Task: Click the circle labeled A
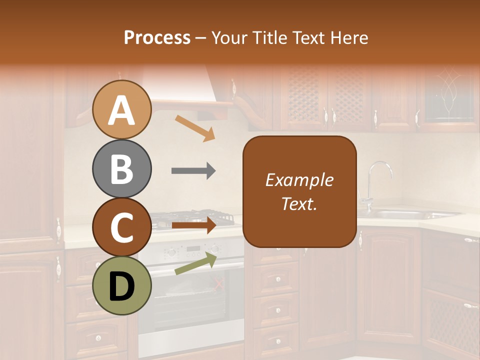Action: pyautogui.click(x=121, y=109)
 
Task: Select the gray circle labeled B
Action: pyautogui.click(x=121, y=169)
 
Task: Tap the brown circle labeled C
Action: pyautogui.click(x=121, y=227)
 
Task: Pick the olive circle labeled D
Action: pyautogui.click(x=121, y=286)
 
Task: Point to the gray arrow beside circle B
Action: pyautogui.click(x=193, y=171)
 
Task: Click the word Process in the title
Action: pyautogui.click(x=157, y=37)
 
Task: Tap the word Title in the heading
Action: pyautogui.click(x=270, y=37)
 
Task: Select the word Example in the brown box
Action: pyautogui.click(x=299, y=180)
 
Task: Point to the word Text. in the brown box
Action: pyautogui.click(x=299, y=203)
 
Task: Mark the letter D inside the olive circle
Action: pyautogui.click(x=121, y=286)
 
